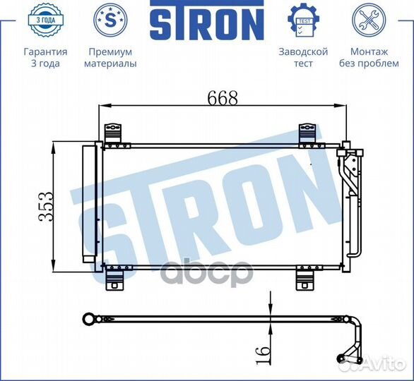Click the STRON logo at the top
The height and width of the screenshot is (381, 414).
pyautogui.click(x=206, y=23)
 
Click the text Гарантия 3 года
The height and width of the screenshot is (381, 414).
pyautogui.click(x=45, y=58)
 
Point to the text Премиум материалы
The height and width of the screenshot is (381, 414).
pyautogui.click(x=110, y=58)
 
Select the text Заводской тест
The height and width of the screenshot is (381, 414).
pyautogui.click(x=303, y=58)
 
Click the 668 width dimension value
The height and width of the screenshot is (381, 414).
pyautogui.click(x=222, y=98)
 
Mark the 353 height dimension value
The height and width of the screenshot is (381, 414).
pyautogui.click(x=45, y=207)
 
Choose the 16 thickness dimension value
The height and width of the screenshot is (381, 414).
pyautogui.click(x=262, y=350)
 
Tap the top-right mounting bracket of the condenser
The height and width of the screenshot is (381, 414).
pyautogui.click(x=307, y=134)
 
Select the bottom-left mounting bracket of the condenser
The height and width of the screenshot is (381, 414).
pyautogui.click(x=114, y=278)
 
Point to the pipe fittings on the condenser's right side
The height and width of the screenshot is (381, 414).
pyautogui.click(x=350, y=176)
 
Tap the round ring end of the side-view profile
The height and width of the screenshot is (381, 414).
pyautogui.click(x=89, y=320)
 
